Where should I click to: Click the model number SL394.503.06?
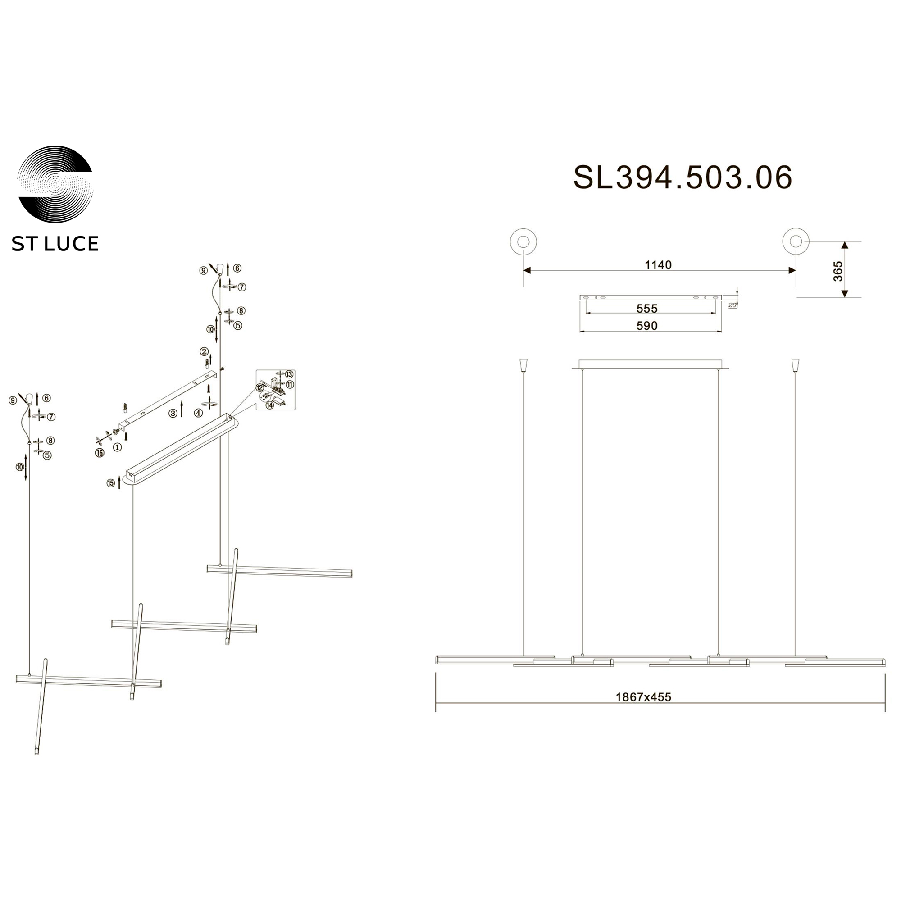[683, 177]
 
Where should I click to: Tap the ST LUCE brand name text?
[55, 244]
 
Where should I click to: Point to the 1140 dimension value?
[658, 265]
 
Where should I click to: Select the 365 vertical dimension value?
[838, 271]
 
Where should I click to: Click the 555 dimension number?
[647, 308]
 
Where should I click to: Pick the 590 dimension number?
[647, 326]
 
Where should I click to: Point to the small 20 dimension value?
[732, 305]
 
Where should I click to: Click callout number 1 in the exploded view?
[117, 447]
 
